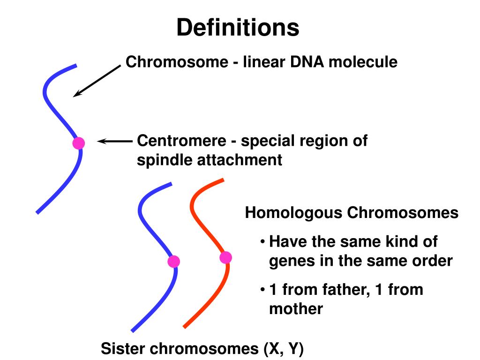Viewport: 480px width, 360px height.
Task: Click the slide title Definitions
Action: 238,28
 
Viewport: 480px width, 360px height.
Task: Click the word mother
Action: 296,309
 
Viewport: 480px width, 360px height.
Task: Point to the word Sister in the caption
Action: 122,349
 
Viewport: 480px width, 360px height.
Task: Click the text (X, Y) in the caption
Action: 283,349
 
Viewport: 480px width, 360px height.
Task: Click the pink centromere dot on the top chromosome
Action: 78,143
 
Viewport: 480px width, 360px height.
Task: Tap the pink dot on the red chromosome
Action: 225,257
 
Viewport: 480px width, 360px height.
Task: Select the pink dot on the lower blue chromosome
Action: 173,262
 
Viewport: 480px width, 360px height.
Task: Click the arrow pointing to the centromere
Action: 115,141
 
